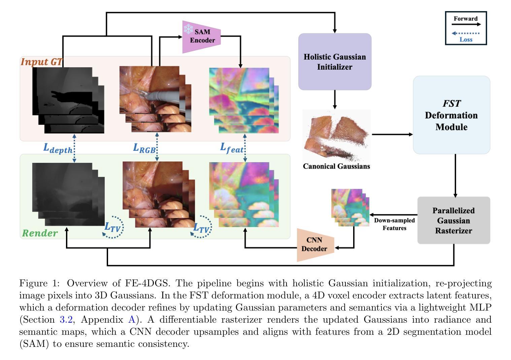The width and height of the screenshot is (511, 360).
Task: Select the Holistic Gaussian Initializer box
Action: [x=335, y=62]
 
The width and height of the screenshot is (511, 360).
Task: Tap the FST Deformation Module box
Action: [x=451, y=115]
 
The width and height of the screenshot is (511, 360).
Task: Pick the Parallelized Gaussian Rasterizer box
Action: [x=453, y=220]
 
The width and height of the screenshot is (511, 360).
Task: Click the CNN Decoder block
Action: [x=314, y=245]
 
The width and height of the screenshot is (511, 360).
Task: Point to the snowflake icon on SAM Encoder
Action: [x=188, y=29]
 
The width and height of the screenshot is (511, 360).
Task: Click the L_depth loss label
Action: [x=57, y=148]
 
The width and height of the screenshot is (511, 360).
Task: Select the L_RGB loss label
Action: [x=144, y=148]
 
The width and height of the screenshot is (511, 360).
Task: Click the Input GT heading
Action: [x=41, y=62]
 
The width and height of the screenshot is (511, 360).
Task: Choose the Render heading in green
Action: [x=40, y=233]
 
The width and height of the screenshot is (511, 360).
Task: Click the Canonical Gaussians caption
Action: [x=336, y=166]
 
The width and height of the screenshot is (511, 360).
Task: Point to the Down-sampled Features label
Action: [x=394, y=224]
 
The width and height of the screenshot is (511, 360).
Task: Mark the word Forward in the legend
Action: [x=465, y=19]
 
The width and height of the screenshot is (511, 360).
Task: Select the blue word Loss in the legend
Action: [x=466, y=40]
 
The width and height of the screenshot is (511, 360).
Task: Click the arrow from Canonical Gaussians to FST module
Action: [x=392, y=135]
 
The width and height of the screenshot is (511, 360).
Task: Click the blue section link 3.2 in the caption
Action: [x=66, y=320]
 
